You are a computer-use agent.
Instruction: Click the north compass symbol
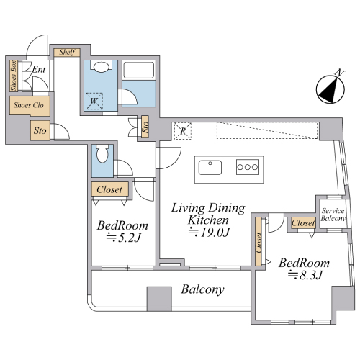coord(330,88)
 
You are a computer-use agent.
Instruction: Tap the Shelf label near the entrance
coord(67,52)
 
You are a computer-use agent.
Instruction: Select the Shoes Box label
coord(14,76)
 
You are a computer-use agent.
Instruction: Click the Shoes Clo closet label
coord(29,105)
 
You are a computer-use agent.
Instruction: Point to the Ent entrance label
coord(39,69)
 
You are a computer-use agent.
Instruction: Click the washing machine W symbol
coord(94,102)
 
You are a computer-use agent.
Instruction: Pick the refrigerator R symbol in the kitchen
coord(183,131)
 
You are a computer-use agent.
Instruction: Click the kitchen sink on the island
coord(210,168)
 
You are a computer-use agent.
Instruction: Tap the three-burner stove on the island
coord(248,167)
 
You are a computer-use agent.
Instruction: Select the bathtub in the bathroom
coord(139,70)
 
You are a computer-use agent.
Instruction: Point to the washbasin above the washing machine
coord(101,67)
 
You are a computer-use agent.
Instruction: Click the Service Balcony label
coord(333,215)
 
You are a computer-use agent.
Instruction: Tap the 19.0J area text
coord(209,232)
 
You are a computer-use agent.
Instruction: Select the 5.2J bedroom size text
coord(123,238)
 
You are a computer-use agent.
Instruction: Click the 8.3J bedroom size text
coord(305,275)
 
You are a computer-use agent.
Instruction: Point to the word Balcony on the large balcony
coord(203,289)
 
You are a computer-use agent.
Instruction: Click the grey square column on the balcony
coord(159,299)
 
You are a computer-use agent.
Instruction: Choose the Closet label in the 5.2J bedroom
coord(109,189)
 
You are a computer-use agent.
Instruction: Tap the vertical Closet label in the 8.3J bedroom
coord(258,243)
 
